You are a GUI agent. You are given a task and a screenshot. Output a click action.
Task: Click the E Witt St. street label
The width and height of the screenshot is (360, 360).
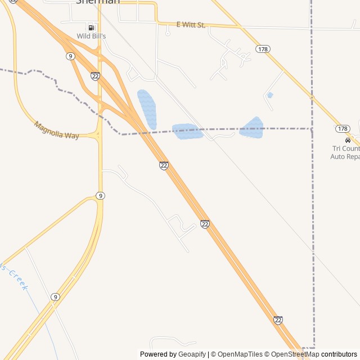pyautogui.click(x=190, y=25)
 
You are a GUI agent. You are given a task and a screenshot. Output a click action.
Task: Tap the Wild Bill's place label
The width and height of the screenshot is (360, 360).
pyautogui.click(x=92, y=37)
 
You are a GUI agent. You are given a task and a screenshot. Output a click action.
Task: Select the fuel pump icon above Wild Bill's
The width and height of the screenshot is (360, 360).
pyautogui.click(x=91, y=28)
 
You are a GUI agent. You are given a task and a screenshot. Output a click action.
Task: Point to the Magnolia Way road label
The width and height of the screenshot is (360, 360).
pyautogui.click(x=56, y=130)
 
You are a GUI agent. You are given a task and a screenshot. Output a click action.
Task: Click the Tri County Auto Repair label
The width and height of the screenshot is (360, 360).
pyautogui.click(x=345, y=152)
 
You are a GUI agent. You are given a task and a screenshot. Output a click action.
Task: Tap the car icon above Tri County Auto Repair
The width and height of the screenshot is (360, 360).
pyautogui.click(x=348, y=140)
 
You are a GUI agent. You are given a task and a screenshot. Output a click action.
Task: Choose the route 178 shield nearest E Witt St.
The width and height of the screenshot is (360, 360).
pyautogui.click(x=263, y=49)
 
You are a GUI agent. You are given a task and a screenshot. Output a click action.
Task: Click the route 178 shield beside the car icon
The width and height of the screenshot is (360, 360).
pyautogui.click(x=343, y=129)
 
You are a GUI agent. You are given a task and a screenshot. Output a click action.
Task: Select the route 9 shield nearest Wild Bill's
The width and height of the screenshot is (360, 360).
pyautogui.click(x=70, y=56)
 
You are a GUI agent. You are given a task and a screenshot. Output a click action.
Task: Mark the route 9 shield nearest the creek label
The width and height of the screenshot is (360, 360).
pyautogui.click(x=55, y=297)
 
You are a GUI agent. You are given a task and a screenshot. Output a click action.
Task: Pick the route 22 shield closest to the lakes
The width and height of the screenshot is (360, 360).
pyautogui.click(x=164, y=165)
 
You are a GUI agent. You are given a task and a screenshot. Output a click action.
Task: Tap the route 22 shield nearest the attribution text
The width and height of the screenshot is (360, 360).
pyautogui.click(x=278, y=320)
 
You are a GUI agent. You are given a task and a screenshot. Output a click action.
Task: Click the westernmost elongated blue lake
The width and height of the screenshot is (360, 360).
pyautogui.click(x=147, y=109)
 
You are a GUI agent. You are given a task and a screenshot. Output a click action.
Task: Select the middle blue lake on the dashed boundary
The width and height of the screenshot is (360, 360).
pyautogui.click(x=187, y=131)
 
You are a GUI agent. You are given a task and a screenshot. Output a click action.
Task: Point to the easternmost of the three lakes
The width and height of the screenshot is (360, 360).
pyautogui.click(x=252, y=128)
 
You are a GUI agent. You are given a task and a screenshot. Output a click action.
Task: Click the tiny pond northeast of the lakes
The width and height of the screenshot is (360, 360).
pyautogui.click(x=271, y=95)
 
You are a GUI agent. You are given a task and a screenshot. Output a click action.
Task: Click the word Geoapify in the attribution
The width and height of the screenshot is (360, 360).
pyautogui.click(x=192, y=354)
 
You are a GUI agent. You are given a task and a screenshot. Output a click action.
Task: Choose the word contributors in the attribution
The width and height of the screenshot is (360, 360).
pyautogui.click(x=339, y=354)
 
